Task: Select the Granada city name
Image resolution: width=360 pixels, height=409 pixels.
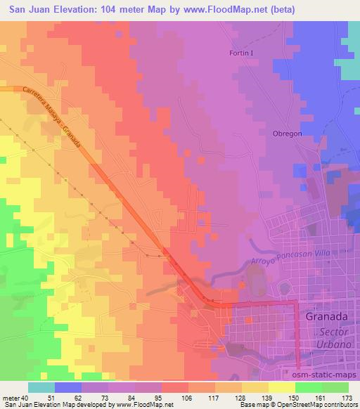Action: pos(329,316)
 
